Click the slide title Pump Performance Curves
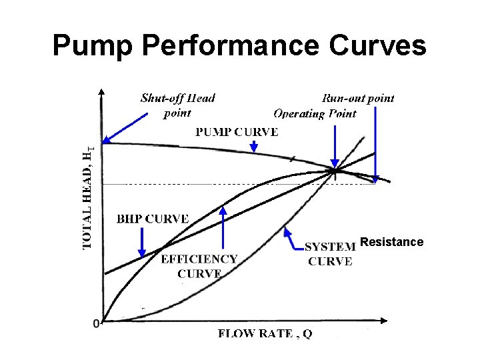pyautogui.click(x=239, y=46)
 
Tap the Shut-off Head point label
pyautogui.click(x=177, y=105)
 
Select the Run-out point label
pyautogui.click(x=358, y=98)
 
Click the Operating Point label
pyautogui.click(x=315, y=113)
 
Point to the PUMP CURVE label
pyautogui.click(x=236, y=131)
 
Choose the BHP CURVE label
pyautogui.click(x=153, y=219)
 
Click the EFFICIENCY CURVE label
pyautogui.click(x=199, y=266)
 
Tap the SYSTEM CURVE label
pyautogui.click(x=330, y=254)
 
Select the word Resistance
pyautogui.click(x=391, y=241)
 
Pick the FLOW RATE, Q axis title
pyautogui.click(x=265, y=334)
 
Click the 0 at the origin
pyautogui.click(x=96, y=323)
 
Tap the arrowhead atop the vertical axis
pyautogui.click(x=101, y=92)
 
